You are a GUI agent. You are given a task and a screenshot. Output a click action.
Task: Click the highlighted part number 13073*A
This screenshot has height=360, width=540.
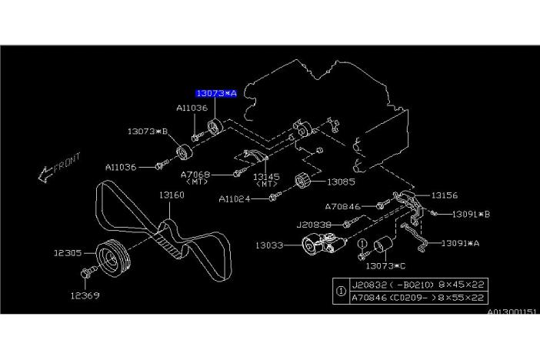(x=215, y=93)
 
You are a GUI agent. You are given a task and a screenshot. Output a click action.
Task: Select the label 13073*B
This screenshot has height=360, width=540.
(x=148, y=132)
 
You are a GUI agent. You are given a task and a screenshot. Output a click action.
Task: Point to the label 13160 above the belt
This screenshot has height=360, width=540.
(x=172, y=196)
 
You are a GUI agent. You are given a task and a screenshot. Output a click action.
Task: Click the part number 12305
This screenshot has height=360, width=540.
(x=67, y=252)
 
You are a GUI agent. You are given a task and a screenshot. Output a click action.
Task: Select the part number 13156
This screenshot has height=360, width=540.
(x=444, y=195)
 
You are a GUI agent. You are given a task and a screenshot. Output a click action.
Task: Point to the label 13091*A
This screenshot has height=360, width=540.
(x=460, y=243)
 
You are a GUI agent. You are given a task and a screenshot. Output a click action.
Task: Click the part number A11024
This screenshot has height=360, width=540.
(x=235, y=198)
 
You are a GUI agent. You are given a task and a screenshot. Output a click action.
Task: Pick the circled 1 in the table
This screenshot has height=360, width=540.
(x=341, y=291)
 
